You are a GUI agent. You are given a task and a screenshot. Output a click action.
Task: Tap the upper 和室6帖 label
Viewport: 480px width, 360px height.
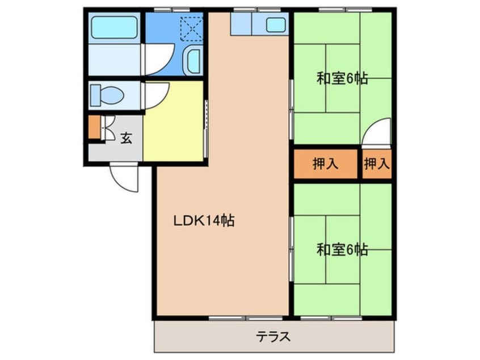coord(342,79)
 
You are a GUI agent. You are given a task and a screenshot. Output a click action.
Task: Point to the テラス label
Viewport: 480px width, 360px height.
coord(273,337)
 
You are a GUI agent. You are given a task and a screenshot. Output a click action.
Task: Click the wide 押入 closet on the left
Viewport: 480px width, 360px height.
coord(326,164)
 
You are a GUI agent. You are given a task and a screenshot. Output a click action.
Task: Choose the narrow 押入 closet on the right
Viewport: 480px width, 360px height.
coord(377,164)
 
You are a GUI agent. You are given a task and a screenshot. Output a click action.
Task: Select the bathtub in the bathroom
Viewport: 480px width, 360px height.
coord(115,27)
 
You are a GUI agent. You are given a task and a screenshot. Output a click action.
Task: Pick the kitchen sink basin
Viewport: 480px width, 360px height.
coord(276,24)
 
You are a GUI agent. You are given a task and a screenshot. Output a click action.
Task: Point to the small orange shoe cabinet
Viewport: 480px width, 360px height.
coord(94,128)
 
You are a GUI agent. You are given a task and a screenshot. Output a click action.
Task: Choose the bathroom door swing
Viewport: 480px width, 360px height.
coord(155,57)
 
